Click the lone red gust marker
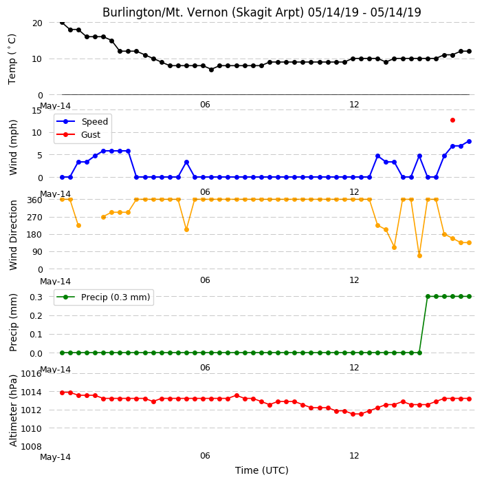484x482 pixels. coord(452,120)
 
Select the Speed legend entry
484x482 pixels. coord(82,121)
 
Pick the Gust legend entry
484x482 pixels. coord(78,134)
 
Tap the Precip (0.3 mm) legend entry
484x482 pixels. coord(103,297)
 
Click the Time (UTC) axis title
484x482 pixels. coord(262,470)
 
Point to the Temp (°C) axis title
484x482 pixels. coord(12,59)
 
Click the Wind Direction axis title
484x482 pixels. coord(13,235)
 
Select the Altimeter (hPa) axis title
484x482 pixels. coord(13,410)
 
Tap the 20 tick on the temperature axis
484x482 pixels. coord(37,23)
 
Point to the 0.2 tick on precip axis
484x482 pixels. coord(36,315)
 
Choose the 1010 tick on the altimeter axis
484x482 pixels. coord(31,428)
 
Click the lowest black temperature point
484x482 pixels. coord(212,70)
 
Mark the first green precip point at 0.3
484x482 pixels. coord(428,297)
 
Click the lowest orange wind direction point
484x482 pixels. coord(419,255)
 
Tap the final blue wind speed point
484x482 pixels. coord(469,141)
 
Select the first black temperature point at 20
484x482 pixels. coord(62,23)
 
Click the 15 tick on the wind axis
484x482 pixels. coord(36,110)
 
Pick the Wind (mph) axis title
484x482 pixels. coord(13,147)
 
